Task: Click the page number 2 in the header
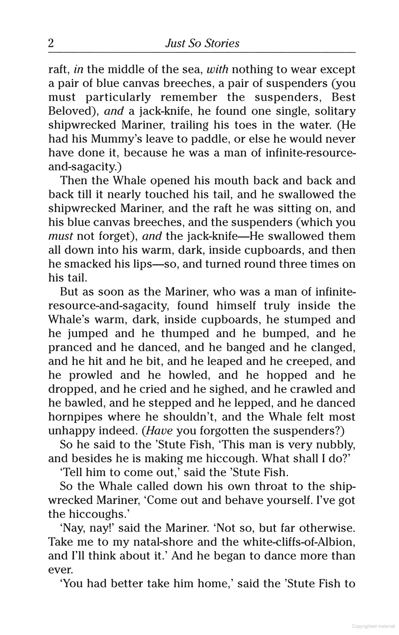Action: [x=51, y=43]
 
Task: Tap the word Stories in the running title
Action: [x=222, y=43]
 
